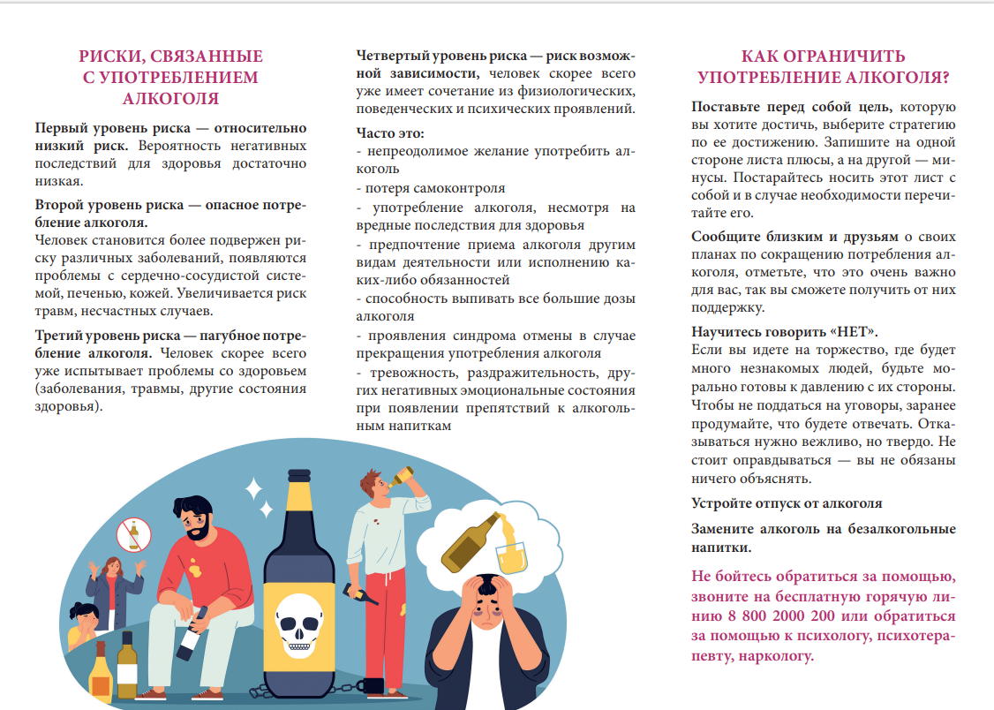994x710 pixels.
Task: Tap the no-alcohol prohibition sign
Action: tap(135, 535)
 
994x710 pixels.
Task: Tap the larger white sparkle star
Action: tap(253, 487)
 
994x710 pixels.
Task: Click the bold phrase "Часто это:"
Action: tap(390, 133)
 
